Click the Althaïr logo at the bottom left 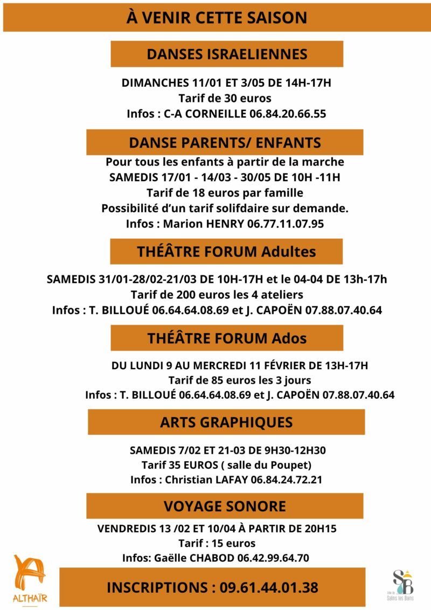(x=29, y=580)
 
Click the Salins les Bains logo (x=402, y=583)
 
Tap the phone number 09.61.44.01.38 (x=269, y=587)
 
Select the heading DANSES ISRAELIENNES (x=227, y=54)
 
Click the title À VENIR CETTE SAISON (x=217, y=18)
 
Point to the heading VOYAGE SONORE (x=225, y=506)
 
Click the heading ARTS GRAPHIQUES (x=226, y=422)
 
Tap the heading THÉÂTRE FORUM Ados (x=227, y=338)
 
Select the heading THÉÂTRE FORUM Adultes (x=226, y=251)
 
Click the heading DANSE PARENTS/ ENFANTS (x=225, y=142)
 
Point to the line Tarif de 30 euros (x=225, y=99)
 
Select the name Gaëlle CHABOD (x=192, y=558)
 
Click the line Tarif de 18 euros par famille (x=225, y=192)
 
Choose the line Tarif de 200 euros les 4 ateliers (x=217, y=295)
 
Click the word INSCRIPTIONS (x=156, y=587)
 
